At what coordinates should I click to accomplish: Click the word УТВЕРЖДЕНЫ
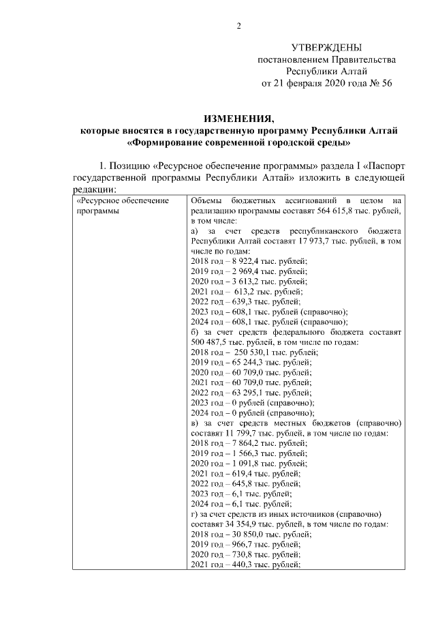click(x=326, y=48)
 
